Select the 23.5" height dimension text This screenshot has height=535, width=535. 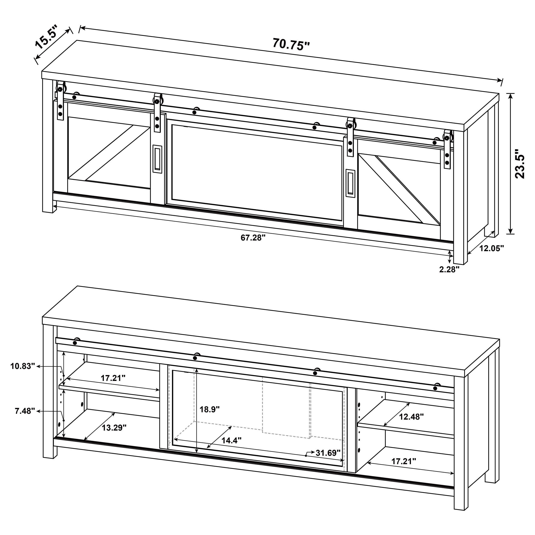tap(520, 164)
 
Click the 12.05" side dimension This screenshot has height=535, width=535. tap(492, 248)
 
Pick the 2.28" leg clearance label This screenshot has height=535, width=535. tap(449, 269)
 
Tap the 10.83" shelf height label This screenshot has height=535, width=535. tap(23, 366)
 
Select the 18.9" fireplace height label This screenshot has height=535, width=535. tap(210, 409)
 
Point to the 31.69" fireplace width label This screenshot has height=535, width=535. tap(328, 453)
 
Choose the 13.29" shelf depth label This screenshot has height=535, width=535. tap(114, 428)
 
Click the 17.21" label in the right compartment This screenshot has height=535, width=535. tap(403, 461)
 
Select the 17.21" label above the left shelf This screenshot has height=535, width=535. tap(113, 378)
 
